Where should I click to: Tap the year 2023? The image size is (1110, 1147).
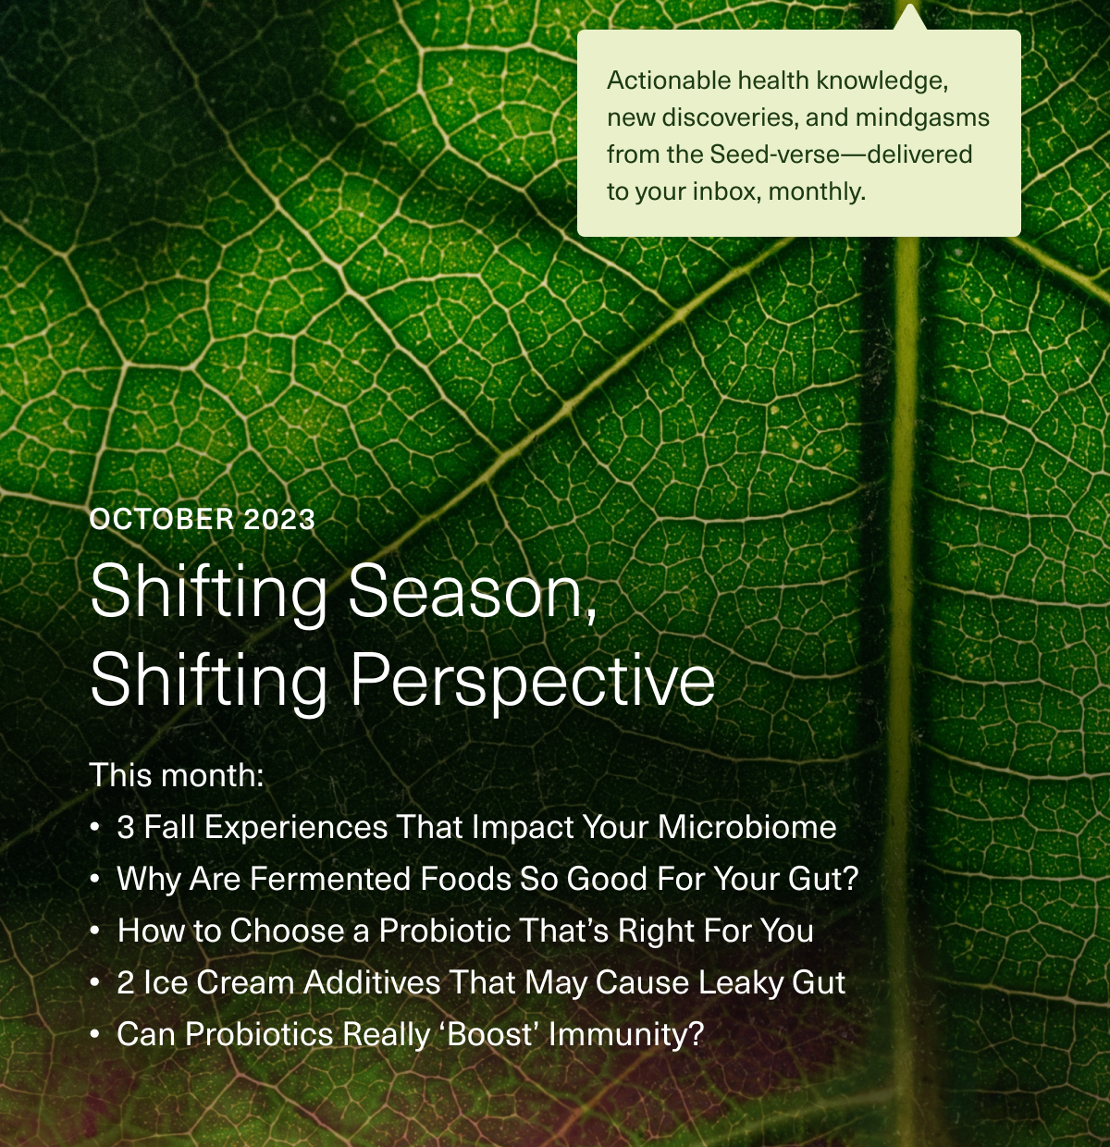point(279,520)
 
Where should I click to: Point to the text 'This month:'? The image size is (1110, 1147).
point(177,775)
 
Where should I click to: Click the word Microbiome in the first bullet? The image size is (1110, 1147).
point(746,827)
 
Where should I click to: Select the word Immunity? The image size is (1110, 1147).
point(625,1034)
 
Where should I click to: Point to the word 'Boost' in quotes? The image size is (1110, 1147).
point(492,1034)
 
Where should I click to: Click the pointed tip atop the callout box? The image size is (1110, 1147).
point(911,16)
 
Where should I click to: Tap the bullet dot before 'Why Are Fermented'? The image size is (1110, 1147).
point(95,879)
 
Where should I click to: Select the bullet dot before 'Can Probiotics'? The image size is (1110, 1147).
point(95,1034)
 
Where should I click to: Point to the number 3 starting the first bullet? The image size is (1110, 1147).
point(126,827)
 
